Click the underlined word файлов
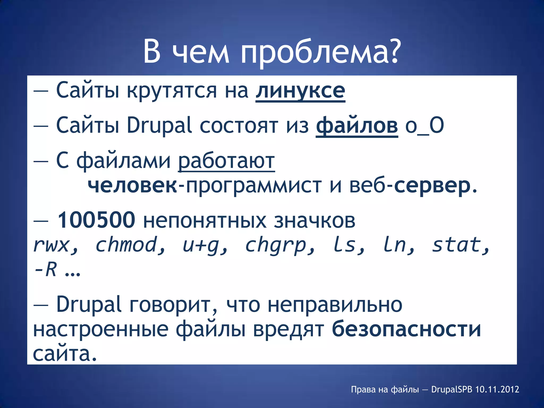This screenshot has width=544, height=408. (x=357, y=125)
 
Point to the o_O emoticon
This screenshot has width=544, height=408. (x=424, y=125)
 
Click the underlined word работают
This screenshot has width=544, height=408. (x=226, y=161)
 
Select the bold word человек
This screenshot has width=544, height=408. (x=132, y=185)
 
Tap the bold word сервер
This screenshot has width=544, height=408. (x=432, y=185)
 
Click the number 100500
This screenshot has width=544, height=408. (x=96, y=220)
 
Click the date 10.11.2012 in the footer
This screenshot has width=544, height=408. (x=497, y=389)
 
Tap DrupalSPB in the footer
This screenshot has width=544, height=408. (x=452, y=389)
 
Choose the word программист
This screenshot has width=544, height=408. (x=254, y=185)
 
